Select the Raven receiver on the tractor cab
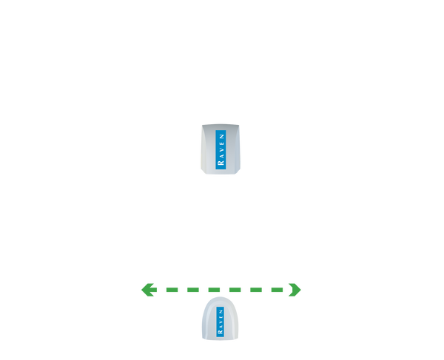(x=221, y=150)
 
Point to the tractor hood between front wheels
(x=221, y=59)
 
